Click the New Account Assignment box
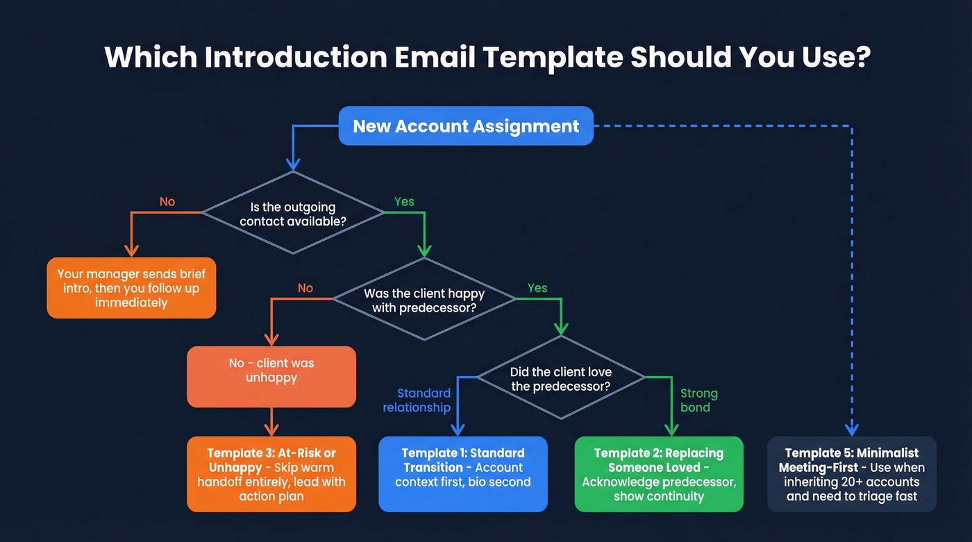click(x=466, y=126)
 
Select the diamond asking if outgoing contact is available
click(x=292, y=214)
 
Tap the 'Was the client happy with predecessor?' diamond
click(x=424, y=300)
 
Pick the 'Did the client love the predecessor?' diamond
click(x=561, y=378)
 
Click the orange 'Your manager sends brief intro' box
click(x=131, y=288)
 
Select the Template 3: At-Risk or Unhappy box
click(x=271, y=474)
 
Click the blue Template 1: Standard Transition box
click(x=463, y=474)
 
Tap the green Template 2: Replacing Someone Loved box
click(x=659, y=474)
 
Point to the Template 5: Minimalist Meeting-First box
click(x=851, y=474)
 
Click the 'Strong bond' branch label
click(x=698, y=400)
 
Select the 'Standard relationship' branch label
click(x=417, y=400)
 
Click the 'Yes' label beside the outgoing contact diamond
click(x=404, y=202)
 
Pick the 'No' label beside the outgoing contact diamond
click(x=167, y=202)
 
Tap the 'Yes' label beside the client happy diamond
click(x=537, y=288)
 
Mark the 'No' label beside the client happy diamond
click(x=305, y=288)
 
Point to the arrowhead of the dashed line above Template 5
click(x=852, y=429)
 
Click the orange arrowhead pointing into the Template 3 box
click(x=271, y=430)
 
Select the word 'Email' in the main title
click(x=435, y=57)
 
